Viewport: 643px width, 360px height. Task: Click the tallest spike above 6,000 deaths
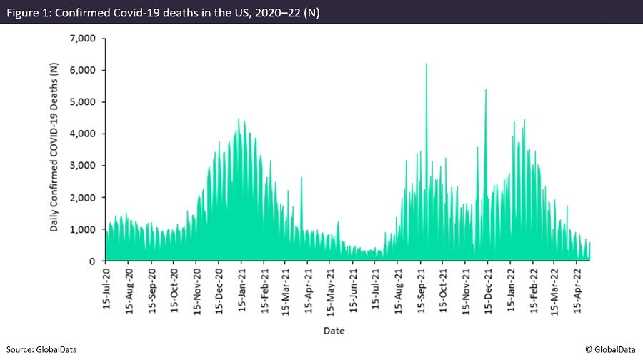[427, 66]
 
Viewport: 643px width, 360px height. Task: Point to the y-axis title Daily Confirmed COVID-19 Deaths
[54, 148]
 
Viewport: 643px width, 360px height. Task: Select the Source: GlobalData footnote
[41, 349]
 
